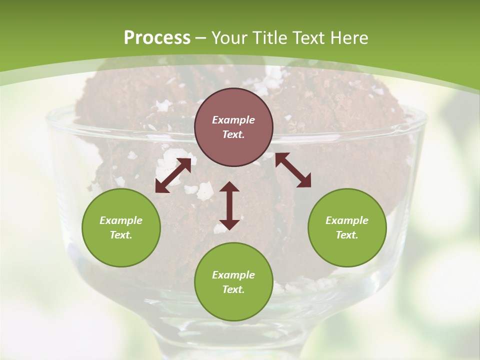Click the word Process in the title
157,38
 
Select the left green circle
121,227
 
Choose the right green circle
347,227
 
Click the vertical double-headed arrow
229,205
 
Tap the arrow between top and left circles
173,175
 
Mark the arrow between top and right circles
293,170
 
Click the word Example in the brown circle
233,120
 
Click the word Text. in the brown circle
233,134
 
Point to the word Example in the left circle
121,220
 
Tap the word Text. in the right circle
347,235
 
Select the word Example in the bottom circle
233,275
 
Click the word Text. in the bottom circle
233,289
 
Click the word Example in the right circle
347,220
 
